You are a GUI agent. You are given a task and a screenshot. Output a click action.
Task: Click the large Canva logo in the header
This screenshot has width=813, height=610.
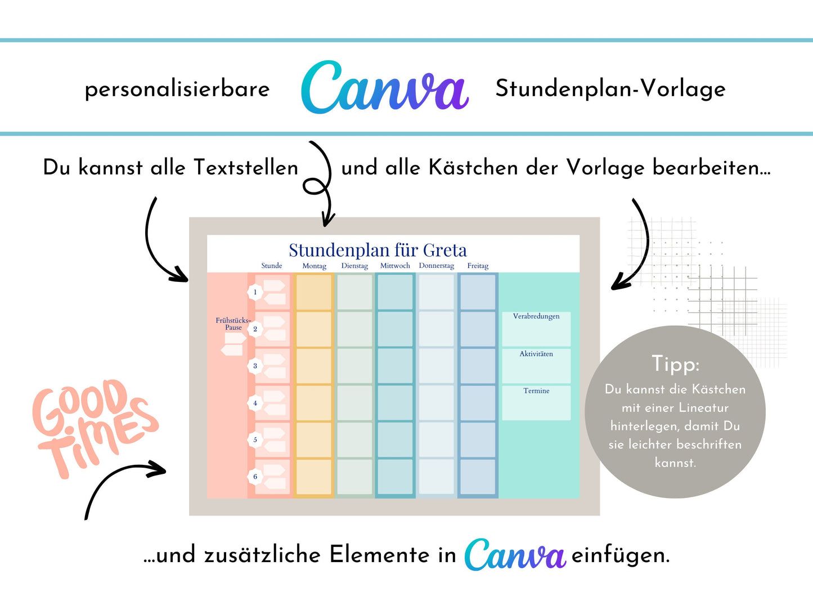click(x=385, y=88)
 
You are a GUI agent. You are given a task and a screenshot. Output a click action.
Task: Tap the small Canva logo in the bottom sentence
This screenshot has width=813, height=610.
click(x=515, y=554)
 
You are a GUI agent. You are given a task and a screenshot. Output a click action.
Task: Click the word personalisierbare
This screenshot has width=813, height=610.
click(x=177, y=89)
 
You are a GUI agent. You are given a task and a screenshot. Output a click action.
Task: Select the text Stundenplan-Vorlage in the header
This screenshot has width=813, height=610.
click(x=610, y=88)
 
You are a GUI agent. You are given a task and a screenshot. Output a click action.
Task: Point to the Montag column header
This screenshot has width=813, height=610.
click(x=314, y=266)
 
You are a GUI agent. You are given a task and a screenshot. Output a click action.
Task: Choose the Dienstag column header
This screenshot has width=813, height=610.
click(x=354, y=266)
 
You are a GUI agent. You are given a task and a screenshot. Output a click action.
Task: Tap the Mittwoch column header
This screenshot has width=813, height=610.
click(x=395, y=266)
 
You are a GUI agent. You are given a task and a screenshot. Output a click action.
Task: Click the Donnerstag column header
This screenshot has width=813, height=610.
click(x=436, y=266)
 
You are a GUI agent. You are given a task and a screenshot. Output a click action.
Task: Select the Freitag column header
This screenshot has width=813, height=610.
click(x=478, y=266)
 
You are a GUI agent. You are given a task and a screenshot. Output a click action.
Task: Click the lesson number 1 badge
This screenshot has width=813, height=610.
click(x=255, y=292)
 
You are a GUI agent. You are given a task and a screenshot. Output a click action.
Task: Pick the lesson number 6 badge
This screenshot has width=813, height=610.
click(x=255, y=477)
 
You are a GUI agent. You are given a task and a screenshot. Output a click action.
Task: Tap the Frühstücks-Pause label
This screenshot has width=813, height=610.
click(x=233, y=324)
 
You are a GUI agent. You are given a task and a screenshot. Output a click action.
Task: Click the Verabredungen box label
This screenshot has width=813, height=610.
click(x=536, y=316)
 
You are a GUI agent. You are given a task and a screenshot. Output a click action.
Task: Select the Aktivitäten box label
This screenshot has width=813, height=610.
click(x=536, y=354)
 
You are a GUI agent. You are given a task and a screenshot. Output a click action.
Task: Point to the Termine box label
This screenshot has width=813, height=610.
click(x=536, y=391)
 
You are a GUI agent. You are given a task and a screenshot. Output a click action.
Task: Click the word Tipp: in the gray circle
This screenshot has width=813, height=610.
click(x=675, y=364)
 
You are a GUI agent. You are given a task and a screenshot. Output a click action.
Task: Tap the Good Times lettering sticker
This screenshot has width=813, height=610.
click(x=93, y=425)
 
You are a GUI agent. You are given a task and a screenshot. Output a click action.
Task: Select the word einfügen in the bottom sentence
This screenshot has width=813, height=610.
click(x=621, y=555)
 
